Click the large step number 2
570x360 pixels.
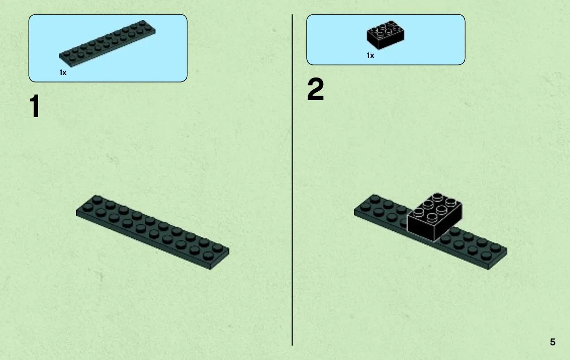coord(315,89)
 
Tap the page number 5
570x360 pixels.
coord(552,342)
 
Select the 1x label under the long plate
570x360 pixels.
coord(63,73)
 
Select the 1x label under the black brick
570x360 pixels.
coord(370,56)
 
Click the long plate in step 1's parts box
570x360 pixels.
coord(107,43)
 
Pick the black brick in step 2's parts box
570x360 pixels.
coord(385,35)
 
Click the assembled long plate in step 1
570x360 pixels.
coord(152,232)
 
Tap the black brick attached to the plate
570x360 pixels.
coord(434,217)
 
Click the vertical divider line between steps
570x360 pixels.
coord(292,180)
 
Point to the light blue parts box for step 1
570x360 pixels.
coord(108,48)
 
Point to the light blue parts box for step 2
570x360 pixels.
coord(386,40)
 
